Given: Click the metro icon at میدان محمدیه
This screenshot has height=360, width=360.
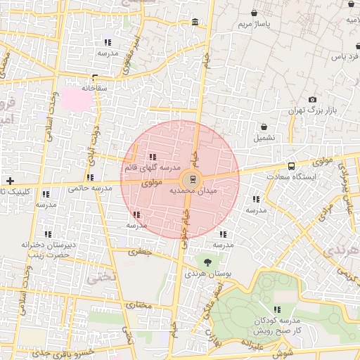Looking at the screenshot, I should [x=194, y=179].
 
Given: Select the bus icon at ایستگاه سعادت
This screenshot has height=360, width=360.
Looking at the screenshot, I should [x=292, y=167].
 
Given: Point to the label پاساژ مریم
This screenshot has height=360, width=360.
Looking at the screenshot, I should [x=254, y=24].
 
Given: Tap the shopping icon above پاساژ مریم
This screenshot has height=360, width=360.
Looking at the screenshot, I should [x=254, y=13].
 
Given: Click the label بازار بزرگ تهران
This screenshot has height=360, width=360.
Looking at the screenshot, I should [x=313, y=111].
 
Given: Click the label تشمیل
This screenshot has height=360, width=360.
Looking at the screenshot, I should [x=264, y=138].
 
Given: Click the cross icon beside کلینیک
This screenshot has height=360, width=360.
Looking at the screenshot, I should [x=10, y=181].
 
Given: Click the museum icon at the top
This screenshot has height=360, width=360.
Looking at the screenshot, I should [x=194, y=22].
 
